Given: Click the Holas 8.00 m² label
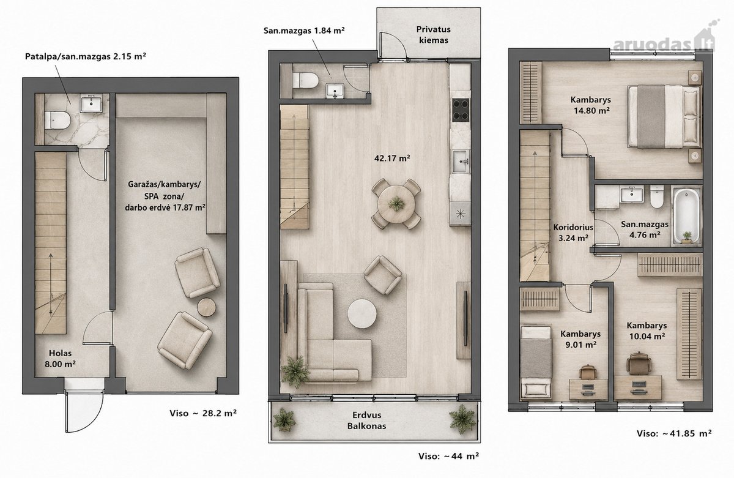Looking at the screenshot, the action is coord(61,358).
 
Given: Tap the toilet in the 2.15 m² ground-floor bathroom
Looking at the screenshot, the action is coord(57,120).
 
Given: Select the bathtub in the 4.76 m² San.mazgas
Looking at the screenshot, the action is coord(687,215).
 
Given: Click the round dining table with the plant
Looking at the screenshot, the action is coord(396,204).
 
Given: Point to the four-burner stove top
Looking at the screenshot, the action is coord(461,110).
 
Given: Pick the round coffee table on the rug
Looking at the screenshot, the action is coord(362,313).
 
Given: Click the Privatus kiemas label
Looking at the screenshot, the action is coord(434,35).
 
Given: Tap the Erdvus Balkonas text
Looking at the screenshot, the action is coord(366,420).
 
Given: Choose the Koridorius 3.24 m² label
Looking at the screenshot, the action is coord(574,233).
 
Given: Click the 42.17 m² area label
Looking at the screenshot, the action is coord(392,159).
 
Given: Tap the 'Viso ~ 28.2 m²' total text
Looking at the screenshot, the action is coord(203,413).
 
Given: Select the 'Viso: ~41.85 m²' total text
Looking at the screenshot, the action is coord(674,433).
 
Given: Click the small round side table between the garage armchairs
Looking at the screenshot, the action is coord(207,307).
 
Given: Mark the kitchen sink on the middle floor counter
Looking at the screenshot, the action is coord(461,162).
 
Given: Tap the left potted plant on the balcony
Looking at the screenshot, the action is coord(284,419).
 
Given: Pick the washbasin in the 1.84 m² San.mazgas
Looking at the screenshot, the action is coord(335,90).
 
